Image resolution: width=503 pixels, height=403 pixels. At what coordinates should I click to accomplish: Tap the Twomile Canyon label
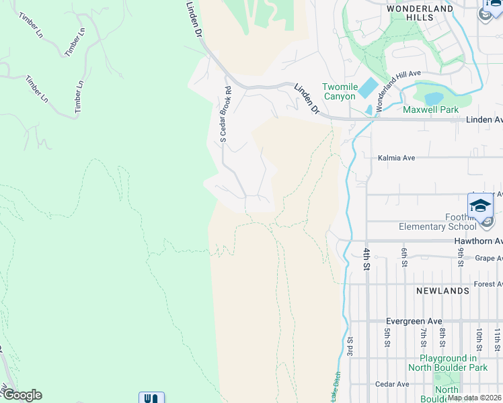pyautogui.click(x=338, y=92)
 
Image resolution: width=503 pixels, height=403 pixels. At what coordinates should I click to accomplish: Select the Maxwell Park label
pyautogui.click(x=430, y=109)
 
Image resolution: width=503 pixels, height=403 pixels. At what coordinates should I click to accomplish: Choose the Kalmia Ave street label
pyautogui.click(x=396, y=158)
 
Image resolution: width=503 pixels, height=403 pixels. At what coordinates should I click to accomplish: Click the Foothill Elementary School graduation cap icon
pyautogui.click(x=480, y=206)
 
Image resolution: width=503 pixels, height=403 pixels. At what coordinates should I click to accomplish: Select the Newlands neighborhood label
pyautogui.click(x=442, y=291)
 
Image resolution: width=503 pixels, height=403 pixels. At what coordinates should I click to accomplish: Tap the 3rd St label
pyautogui.click(x=350, y=347)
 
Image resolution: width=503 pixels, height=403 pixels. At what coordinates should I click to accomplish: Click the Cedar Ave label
pyautogui.click(x=393, y=384)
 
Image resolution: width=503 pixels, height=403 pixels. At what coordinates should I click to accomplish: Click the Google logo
pyautogui.click(x=22, y=395)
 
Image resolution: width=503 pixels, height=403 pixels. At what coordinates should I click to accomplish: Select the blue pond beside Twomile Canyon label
pyautogui.click(x=368, y=87)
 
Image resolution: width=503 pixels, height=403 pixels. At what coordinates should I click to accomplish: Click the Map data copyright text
pyautogui.click(x=474, y=398)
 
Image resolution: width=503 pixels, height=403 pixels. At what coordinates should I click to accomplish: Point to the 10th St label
pyautogui.click(x=479, y=334)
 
